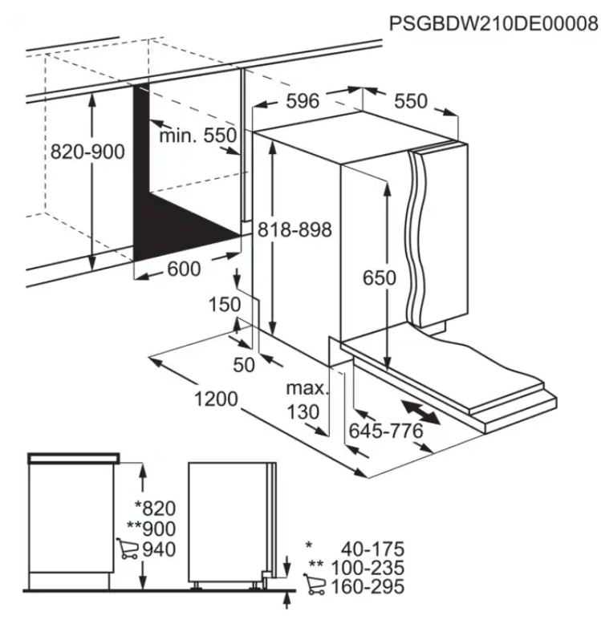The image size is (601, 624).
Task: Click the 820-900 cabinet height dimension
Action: [87, 152]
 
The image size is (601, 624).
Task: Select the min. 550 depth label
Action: [197, 136]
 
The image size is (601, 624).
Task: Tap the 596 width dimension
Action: [303, 101]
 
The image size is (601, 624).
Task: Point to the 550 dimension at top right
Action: [410, 101]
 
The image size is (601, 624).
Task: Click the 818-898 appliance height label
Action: [294, 229]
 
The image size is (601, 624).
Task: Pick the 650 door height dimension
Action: [379, 278]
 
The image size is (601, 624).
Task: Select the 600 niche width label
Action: [184, 269]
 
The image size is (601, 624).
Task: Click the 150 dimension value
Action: [224, 305]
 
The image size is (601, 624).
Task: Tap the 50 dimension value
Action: [243, 365]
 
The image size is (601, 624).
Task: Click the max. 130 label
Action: [308, 400]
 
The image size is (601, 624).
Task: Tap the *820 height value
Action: [154, 508]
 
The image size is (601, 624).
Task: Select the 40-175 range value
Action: [372, 549]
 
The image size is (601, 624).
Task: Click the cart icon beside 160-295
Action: [313, 587]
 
